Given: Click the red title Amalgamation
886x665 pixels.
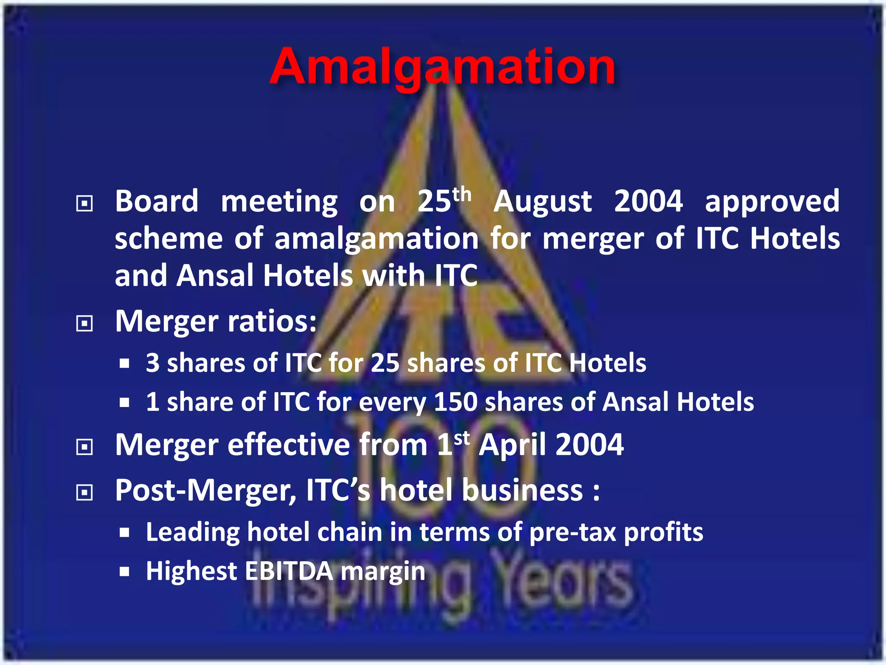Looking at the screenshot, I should tap(442, 67).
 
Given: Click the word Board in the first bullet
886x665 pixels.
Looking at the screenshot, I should tap(157, 201).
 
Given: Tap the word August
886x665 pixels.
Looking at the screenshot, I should tap(543, 202).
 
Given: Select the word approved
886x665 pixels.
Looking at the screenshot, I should tap(772, 202).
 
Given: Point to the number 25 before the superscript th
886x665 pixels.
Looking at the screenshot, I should tap(434, 202).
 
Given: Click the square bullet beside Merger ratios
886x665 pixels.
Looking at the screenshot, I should tap(84, 323).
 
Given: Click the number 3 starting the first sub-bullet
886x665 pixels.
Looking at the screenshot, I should tap(152, 363).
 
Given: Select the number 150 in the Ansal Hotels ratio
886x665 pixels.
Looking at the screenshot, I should tap(455, 402).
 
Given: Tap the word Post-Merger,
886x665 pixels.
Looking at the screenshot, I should tap(206, 491).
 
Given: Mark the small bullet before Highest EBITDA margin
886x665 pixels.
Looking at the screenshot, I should tap(125, 572).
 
